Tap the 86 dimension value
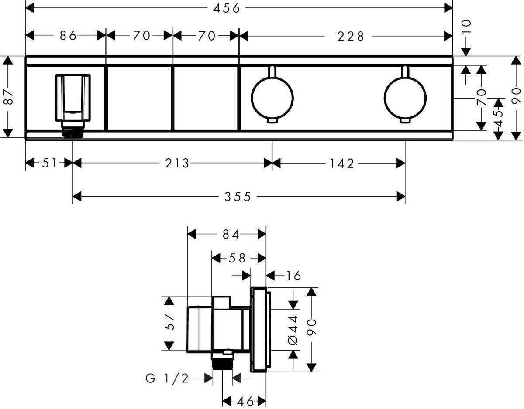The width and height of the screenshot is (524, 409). click(69, 36)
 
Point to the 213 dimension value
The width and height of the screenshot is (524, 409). click(177, 163)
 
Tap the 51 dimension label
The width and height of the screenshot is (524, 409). click(49, 163)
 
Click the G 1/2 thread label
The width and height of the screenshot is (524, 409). click(167, 378)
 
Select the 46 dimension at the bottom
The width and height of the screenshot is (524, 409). click(245, 401)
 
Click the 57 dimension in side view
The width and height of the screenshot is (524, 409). click(169, 323)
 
